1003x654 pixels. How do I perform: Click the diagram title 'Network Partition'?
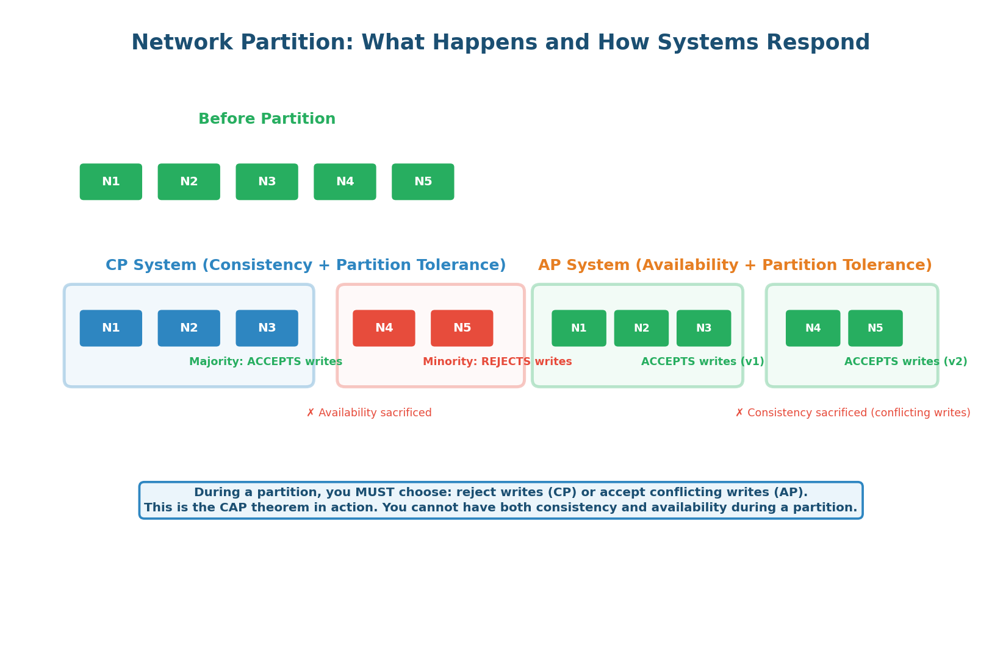[500, 43]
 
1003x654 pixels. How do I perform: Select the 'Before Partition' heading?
[267, 119]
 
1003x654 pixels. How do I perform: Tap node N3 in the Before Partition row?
[267, 182]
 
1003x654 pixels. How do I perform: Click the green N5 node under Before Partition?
[423, 182]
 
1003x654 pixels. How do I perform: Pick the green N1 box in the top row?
[110, 182]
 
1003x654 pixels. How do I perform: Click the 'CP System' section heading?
[305, 265]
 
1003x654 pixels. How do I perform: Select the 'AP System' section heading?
[735, 265]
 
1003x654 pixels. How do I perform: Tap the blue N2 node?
[189, 328]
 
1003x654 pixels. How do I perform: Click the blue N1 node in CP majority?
[110, 328]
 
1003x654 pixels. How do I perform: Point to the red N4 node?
[384, 328]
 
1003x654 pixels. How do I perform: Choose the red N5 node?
[462, 328]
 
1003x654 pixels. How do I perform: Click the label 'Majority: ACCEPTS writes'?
[265, 361]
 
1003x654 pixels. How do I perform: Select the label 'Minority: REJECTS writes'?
[497, 361]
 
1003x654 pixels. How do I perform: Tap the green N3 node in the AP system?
[703, 328]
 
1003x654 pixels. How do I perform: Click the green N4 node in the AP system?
[813, 328]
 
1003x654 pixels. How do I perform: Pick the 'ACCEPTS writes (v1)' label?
[702, 361]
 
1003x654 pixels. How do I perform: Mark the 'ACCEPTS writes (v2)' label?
[905, 361]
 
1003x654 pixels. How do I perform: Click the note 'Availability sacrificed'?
[369, 413]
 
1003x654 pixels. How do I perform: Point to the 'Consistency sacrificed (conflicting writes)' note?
[852, 413]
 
